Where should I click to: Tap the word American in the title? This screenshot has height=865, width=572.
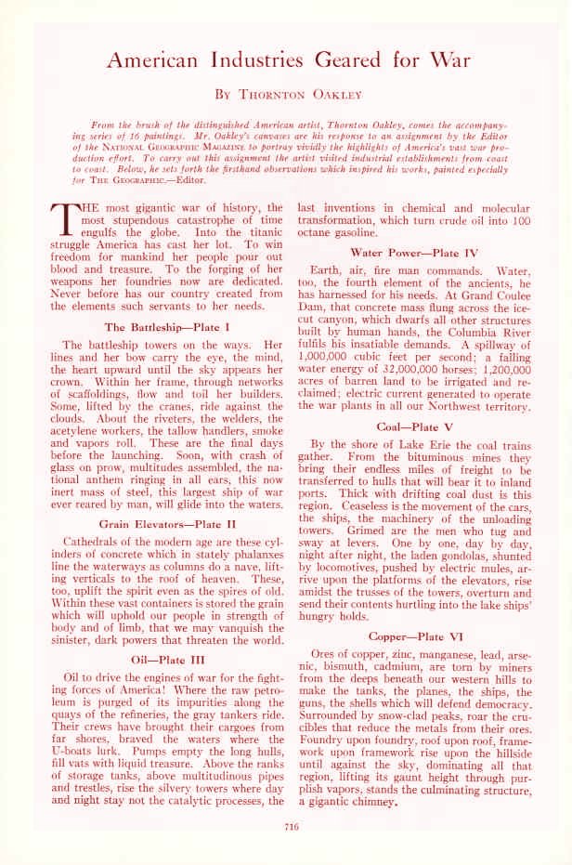click(x=155, y=60)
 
